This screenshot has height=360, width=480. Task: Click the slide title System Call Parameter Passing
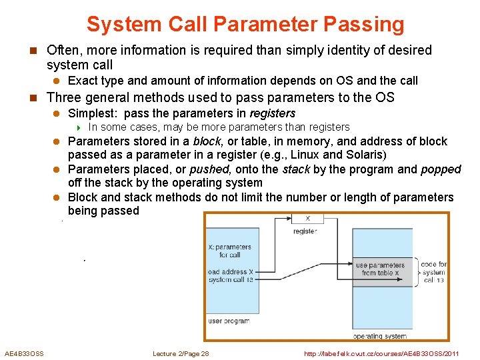(x=245, y=25)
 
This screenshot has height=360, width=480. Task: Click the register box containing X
(x=307, y=218)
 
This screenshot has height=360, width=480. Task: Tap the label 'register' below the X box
(x=305, y=231)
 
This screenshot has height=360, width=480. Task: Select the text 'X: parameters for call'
(x=229, y=251)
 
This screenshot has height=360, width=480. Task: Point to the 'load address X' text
(x=231, y=271)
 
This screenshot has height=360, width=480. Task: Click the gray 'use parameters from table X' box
(x=380, y=269)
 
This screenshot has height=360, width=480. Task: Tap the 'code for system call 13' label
(x=434, y=272)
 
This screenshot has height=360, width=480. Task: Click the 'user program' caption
(x=229, y=321)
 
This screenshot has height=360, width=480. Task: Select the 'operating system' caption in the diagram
(x=379, y=337)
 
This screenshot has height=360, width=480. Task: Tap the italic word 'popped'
(x=441, y=169)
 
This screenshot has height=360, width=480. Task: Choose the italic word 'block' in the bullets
(x=207, y=141)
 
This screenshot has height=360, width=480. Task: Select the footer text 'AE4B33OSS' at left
(x=24, y=353)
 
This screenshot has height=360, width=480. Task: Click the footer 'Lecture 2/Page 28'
(x=181, y=353)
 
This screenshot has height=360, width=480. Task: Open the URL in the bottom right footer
(x=381, y=353)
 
